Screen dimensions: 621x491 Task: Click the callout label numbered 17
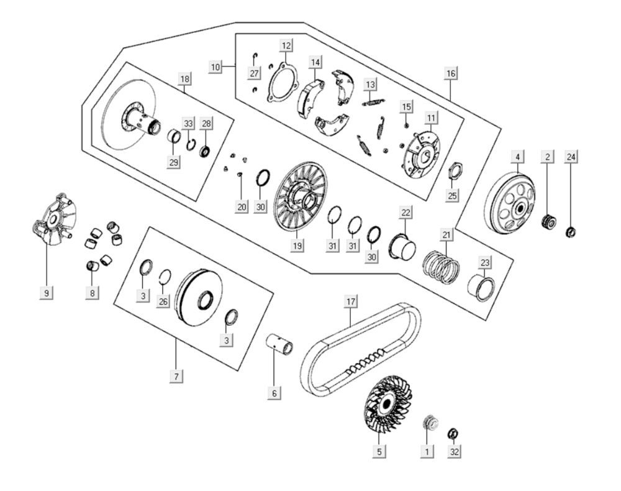point(351,302)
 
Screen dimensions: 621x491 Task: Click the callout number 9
point(47,293)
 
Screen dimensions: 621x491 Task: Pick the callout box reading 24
point(571,157)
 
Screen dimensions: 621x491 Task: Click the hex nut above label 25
point(455,170)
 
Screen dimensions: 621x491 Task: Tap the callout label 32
point(455,452)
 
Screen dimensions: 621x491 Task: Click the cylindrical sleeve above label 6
point(279,344)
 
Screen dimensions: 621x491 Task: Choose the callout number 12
point(286,45)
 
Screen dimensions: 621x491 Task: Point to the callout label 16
point(451,73)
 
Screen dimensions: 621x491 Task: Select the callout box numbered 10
point(215,67)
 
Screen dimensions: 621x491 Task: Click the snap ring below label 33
point(191,145)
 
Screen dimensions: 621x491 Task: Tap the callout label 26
point(163,301)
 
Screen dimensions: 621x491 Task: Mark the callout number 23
point(485,262)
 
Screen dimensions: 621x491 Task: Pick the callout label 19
point(297,245)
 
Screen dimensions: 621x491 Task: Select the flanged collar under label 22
point(402,247)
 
